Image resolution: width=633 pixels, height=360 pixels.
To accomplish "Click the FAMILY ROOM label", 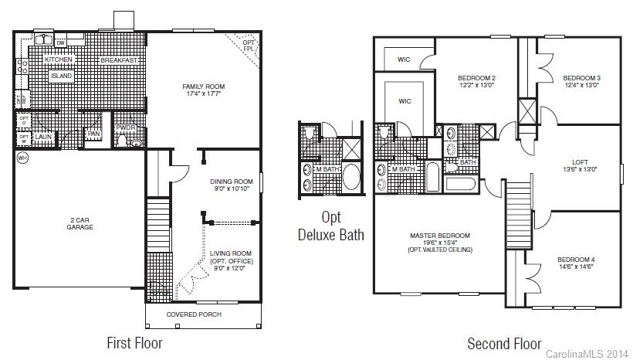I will (x=203, y=86).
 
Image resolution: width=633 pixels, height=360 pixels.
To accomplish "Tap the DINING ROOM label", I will (x=232, y=182).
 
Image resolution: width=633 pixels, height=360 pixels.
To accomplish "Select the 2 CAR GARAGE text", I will (x=81, y=223).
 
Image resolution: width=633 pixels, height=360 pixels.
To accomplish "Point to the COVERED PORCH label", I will (x=194, y=314).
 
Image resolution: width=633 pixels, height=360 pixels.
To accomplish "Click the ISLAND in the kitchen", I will (x=61, y=76).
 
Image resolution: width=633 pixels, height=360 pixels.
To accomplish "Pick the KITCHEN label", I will (x=59, y=59).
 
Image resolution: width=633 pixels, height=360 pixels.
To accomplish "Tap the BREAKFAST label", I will (x=119, y=60).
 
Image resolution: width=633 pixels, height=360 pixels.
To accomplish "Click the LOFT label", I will (x=580, y=162).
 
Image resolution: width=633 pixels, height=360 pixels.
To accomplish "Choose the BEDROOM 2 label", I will (x=476, y=78).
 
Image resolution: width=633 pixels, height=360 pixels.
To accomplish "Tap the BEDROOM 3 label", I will (x=581, y=78).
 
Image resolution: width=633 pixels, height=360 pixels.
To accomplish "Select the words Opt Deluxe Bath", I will (x=330, y=226).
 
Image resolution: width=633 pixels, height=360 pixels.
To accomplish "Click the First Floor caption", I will (x=134, y=342).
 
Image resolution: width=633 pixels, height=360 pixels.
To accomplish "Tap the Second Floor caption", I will (x=504, y=344).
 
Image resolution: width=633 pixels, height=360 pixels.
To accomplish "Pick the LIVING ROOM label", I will (x=232, y=253).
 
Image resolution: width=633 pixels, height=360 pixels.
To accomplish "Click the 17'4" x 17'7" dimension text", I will (x=203, y=93).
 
